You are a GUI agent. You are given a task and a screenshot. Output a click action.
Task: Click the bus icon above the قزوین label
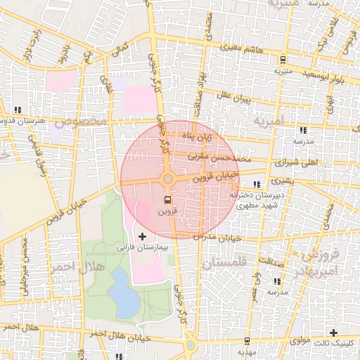point(167,199)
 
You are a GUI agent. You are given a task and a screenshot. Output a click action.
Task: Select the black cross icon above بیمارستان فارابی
point(143,236)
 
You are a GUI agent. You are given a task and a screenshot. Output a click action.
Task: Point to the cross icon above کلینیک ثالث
point(333,332)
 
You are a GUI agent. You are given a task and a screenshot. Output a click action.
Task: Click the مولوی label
point(298,341)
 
